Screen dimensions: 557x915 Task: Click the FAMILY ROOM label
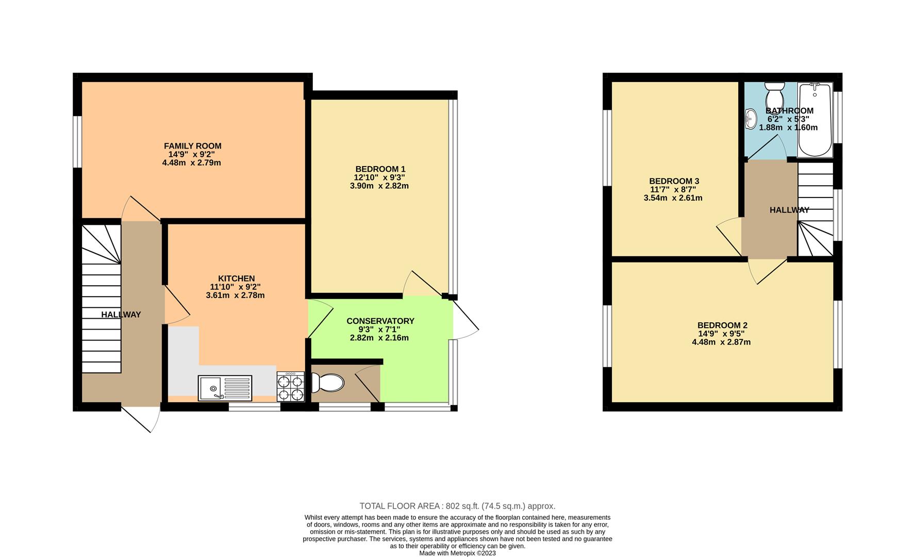192,146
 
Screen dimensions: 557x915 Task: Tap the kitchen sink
225,388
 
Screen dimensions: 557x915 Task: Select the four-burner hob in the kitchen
291,388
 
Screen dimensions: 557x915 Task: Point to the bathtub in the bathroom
814,120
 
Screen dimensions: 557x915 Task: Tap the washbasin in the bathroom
751,119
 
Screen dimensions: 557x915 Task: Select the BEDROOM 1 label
380,169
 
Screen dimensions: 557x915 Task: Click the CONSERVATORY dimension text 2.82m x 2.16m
379,338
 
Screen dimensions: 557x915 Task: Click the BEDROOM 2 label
722,325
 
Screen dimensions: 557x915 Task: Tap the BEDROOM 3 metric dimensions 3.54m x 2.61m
673,198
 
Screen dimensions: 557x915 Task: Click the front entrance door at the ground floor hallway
140,418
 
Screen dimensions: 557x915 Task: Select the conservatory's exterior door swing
465,320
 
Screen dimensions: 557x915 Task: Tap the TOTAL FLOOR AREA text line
457,506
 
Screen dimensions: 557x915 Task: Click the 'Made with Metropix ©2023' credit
457,553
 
